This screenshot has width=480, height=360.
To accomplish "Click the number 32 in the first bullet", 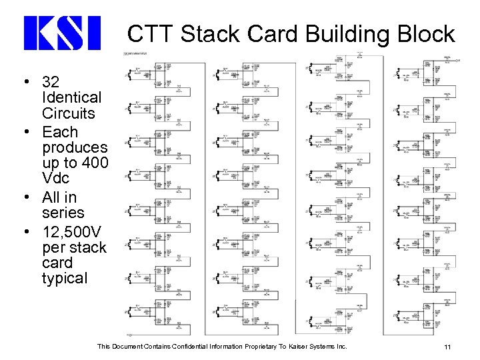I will click(x=51, y=83).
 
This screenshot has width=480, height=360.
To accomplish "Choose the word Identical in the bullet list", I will click(x=68, y=99).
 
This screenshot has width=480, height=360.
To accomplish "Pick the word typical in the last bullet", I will click(x=64, y=278).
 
